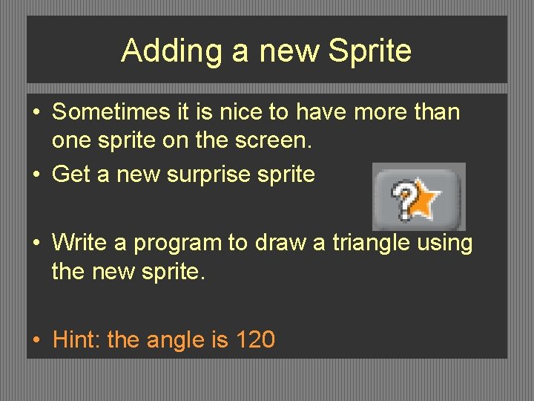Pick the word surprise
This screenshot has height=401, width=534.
(x=210, y=175)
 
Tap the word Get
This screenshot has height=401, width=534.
(x=71, y=175)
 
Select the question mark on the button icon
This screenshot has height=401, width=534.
(x=403, y=201)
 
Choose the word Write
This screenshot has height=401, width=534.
(x=79, y=242)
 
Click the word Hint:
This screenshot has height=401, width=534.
(x=78, y=340)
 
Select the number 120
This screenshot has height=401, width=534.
(x=254, y=340)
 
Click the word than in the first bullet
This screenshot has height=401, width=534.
(x=436, y=113)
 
